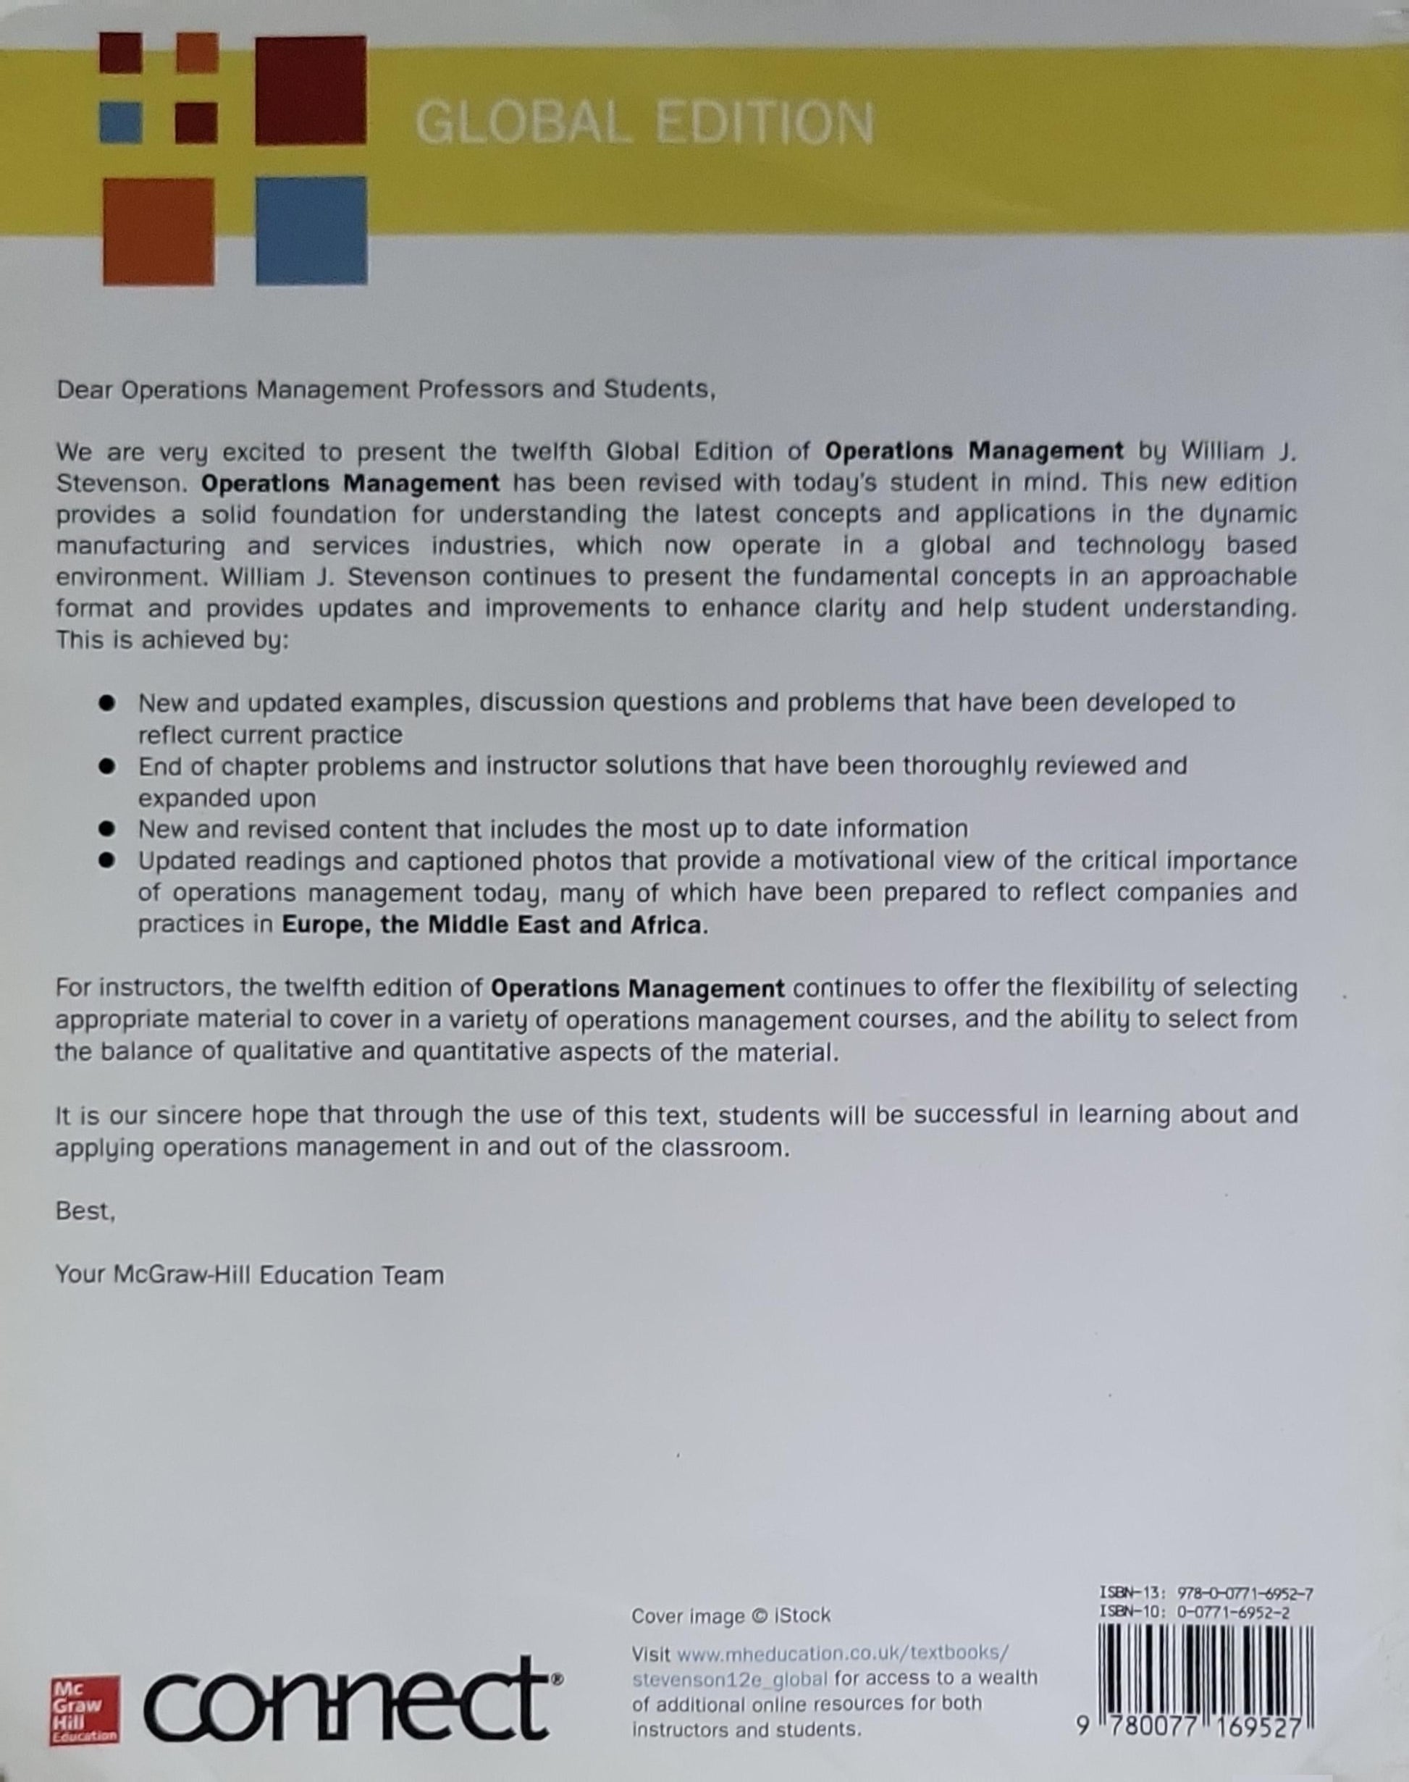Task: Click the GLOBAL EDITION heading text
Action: pos(644,124)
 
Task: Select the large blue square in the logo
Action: pos(311,230)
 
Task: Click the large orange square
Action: pos(159,231)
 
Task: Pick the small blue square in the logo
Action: pos(120,122)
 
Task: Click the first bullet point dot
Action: pos(106,704)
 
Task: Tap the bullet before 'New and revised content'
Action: pos(106,828)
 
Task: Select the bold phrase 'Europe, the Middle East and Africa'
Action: pos(492,925)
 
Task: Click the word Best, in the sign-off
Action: pos(85,1211)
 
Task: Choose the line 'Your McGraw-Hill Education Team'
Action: pos(249,1275)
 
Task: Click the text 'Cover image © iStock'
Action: pos(730,1615)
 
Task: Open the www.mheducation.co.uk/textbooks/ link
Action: pos(841,1654)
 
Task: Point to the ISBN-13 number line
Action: pos(1206,1593)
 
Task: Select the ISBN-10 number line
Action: pos(1195,1612)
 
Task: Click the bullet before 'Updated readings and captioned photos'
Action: pos(106,860)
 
